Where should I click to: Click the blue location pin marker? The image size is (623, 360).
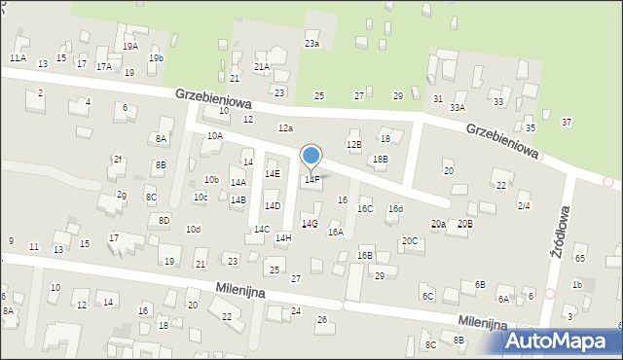point(311,157)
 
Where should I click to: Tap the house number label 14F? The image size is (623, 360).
point(311,180)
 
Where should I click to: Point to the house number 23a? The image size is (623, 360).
point(311,45)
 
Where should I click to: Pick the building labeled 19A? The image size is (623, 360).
point(130,46)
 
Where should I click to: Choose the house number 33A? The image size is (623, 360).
point(457,108)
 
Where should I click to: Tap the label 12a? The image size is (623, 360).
point(285,128)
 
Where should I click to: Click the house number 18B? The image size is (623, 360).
point(380,159)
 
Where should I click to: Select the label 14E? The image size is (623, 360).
point(273,174)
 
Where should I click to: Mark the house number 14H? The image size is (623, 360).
point(282,238)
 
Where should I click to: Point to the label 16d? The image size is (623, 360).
point(395,209)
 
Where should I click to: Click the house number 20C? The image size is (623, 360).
point(410,240)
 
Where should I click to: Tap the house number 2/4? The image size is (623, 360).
point(524,206)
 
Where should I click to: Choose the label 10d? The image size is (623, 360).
point(193,230)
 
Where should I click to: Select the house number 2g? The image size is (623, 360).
point(122,195)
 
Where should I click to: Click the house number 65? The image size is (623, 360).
point(580,258)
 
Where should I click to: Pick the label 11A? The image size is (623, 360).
point(18,58)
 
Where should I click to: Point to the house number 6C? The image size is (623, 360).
point(427,296)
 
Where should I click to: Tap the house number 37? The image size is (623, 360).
point(566,122)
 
